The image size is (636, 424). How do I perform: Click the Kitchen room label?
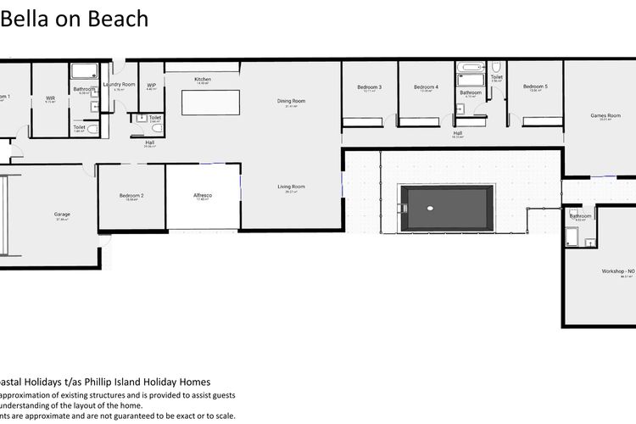click(x=204, y=80)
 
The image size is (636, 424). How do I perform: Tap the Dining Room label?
click(x=291, y=101)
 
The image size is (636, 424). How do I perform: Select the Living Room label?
click(x=291, y=187)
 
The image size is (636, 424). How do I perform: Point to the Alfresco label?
click(x=203, y=196)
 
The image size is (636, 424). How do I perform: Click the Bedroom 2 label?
click(x=131, y=196)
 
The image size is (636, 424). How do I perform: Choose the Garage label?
click(x=62, y=215)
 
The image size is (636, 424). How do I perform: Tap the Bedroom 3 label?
click(x=369, y=87)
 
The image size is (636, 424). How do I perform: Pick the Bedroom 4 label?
click(x=426, y=87)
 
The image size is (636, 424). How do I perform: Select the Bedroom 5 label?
click(x=535, y=86)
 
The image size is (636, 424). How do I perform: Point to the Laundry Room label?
click(x=119, y=85)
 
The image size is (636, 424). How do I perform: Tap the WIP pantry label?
click(x=151, y=85)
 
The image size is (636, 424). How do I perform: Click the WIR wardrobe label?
click(x=50, y=98)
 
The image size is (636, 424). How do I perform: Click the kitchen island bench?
click(x=209, y=102)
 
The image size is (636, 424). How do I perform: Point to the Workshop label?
click(x=616, y=271)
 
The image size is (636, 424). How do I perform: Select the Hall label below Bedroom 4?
click(x=458, y=133)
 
